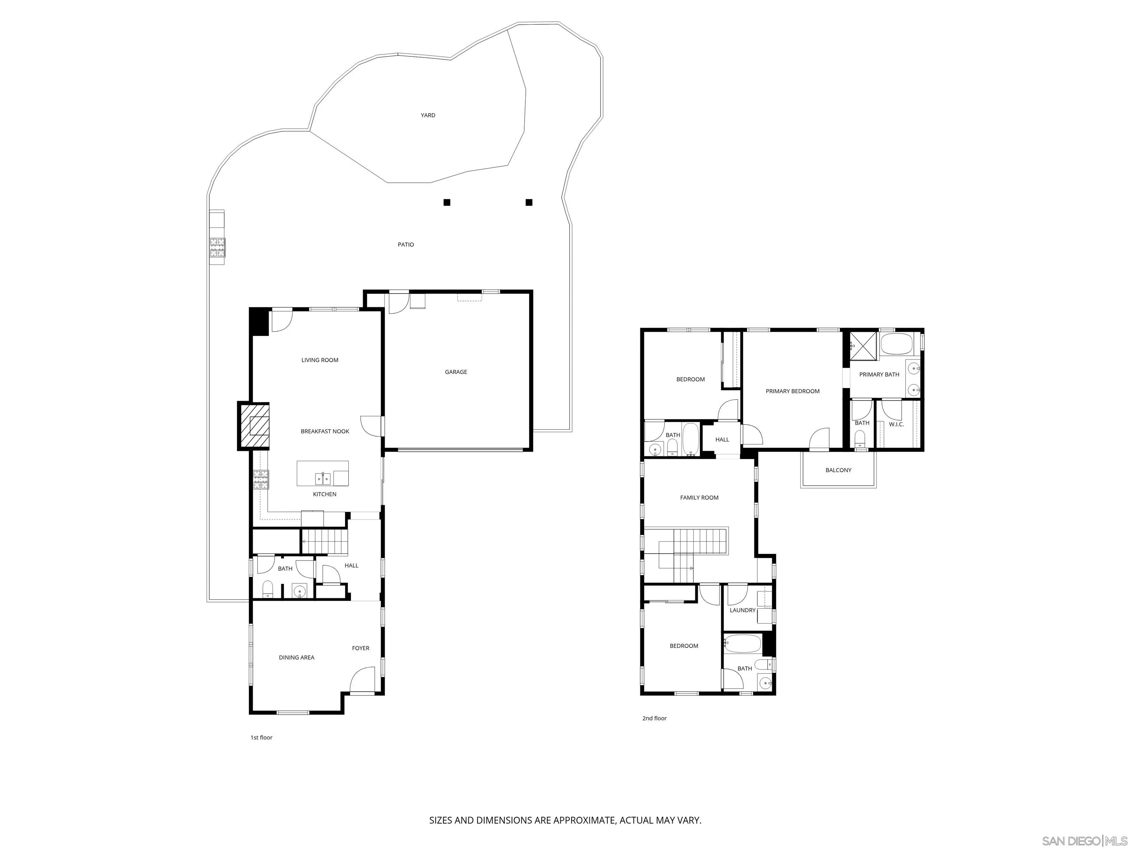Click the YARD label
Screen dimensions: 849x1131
tap(428, 115)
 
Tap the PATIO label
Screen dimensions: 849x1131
tap(406, 245)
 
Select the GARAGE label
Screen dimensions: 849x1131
tap(455, 372)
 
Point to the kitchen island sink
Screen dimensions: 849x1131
tap(323, 479)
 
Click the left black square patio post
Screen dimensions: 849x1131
tap(447, 202)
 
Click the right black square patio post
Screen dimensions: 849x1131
tap(529, 202)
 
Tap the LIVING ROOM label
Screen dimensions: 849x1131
tap(320, 360)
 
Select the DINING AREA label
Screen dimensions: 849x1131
tap(296, 658)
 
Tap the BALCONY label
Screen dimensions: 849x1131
tap(839, 470)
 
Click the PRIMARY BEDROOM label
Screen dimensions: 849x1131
tap(793, 391)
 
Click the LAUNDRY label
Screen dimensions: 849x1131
tap(743, 611)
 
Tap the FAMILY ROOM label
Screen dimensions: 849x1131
tap(699, 497)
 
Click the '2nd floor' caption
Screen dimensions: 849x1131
tap(655, 719)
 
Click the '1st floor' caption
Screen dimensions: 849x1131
tap(261, 737)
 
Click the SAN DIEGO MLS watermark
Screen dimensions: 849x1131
tap(1084, 841)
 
